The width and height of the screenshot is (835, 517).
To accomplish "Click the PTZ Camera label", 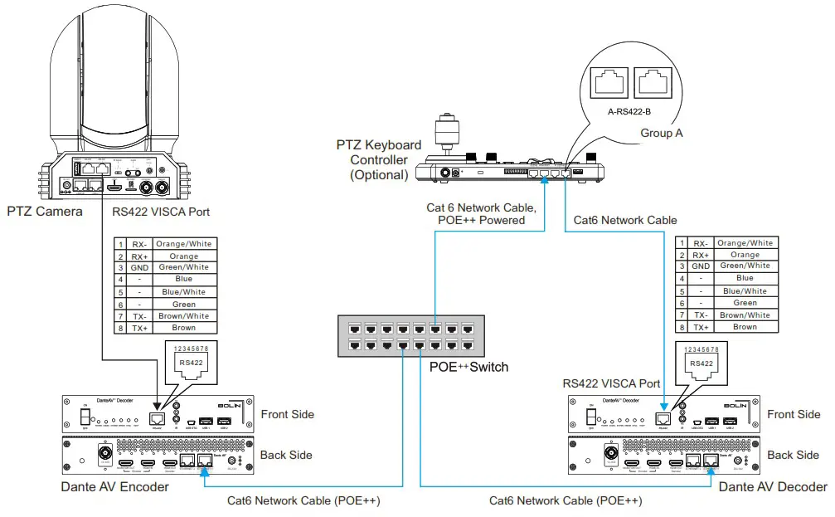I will point(44,212).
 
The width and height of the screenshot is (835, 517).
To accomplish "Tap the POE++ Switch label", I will point(469,366).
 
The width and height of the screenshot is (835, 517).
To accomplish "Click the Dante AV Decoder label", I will point(773,487).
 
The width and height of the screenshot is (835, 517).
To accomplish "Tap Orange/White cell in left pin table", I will point(183,244).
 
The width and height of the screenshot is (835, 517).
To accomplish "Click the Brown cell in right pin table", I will point(745,327).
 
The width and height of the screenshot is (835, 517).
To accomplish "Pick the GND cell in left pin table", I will point(138,268).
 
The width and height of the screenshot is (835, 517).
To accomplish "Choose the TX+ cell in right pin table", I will point(701,327).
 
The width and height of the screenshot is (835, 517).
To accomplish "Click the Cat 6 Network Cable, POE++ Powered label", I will point(482,213).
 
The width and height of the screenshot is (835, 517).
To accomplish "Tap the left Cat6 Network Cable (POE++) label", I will point(304,501).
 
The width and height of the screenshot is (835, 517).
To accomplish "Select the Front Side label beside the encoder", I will point(287,413).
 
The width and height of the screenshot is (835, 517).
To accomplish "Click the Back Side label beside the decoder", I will point(792,455).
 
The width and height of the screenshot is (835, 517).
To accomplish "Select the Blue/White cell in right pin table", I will point(745,291).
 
